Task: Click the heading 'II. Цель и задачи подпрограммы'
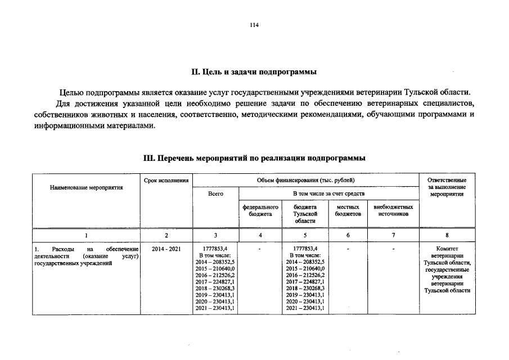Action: coord(254,72)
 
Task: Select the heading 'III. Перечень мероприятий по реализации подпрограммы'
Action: coord(254,159)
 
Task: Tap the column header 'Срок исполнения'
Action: coord(166,179)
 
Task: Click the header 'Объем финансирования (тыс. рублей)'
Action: coord(306,179)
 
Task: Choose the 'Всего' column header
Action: coord(215,193)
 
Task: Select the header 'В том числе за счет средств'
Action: coord(329,193)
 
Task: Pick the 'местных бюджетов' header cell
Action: coord(348,210)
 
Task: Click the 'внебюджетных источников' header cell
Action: coord(393,210)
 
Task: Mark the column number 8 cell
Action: coord(447,235)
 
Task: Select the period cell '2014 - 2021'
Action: coord(166,248)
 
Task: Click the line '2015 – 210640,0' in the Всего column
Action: coord(215,268)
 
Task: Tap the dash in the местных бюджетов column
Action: coord(348,248)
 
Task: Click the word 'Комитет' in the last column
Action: coord(447,248)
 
